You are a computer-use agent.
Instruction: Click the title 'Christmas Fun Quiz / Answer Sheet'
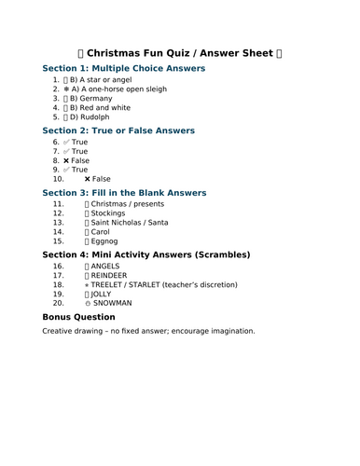[x=179, y=53]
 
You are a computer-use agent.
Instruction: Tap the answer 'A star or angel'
[x=110, y=81]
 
